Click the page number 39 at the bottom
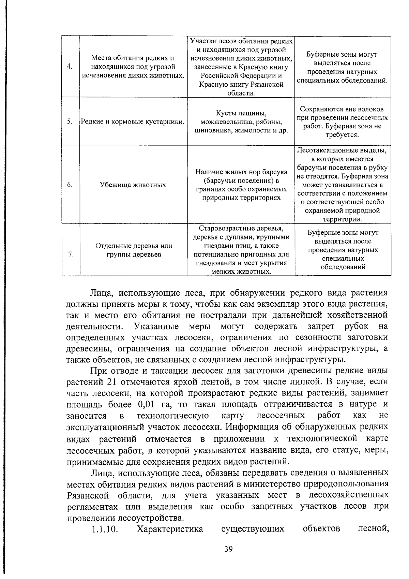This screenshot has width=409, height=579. [228, 549]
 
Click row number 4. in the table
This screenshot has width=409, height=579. [70, 67]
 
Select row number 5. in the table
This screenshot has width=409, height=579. [70, 121]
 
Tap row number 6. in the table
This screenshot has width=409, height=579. [70, 185]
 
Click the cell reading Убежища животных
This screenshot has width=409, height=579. [133, 185]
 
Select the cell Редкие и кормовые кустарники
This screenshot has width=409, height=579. [133, 121]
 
